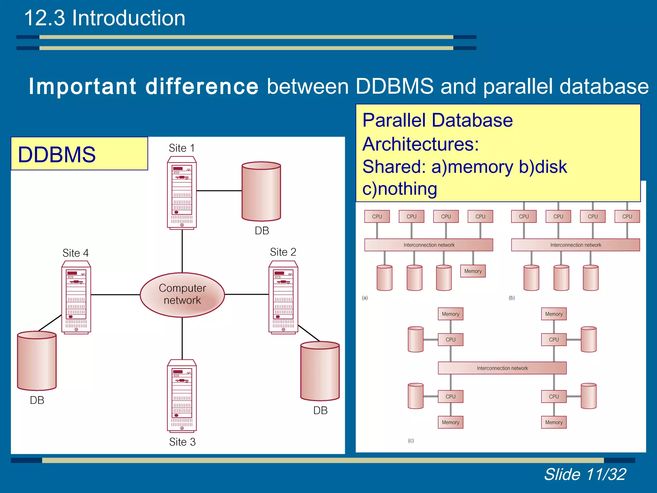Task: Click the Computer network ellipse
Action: (182, 295)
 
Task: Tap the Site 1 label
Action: (182, 148)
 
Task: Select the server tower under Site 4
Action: (76, 297)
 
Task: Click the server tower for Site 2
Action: (283, 297)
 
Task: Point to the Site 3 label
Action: (182, 442)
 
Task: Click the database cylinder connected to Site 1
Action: (261, 191)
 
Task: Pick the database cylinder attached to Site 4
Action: (37, 361)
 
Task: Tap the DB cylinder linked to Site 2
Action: (320, 371)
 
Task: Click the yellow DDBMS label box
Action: (79, 154)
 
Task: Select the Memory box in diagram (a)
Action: (473, 271)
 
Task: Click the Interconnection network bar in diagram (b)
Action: (576, 245)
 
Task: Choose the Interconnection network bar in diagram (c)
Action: (502, 368)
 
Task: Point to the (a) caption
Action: (365, 298)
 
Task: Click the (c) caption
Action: (411, 441)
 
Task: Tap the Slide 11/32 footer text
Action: (585, 474)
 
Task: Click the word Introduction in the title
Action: (128, 18)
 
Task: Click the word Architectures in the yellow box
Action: (420, 144)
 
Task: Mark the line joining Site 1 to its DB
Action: (219, 191)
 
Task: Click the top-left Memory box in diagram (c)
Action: (450, 314)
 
